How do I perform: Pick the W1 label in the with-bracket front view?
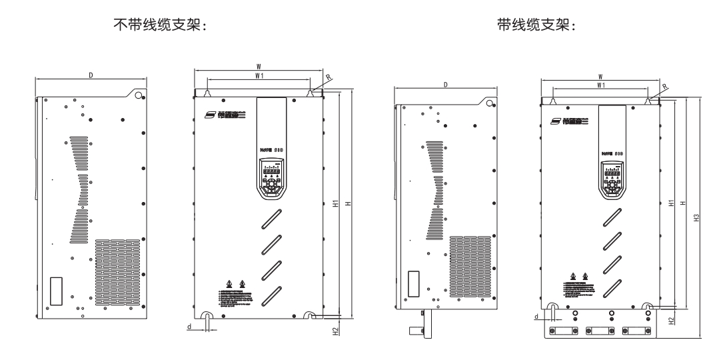click(x=600, y=86)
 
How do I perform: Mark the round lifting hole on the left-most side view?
click(x=138, y=95)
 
